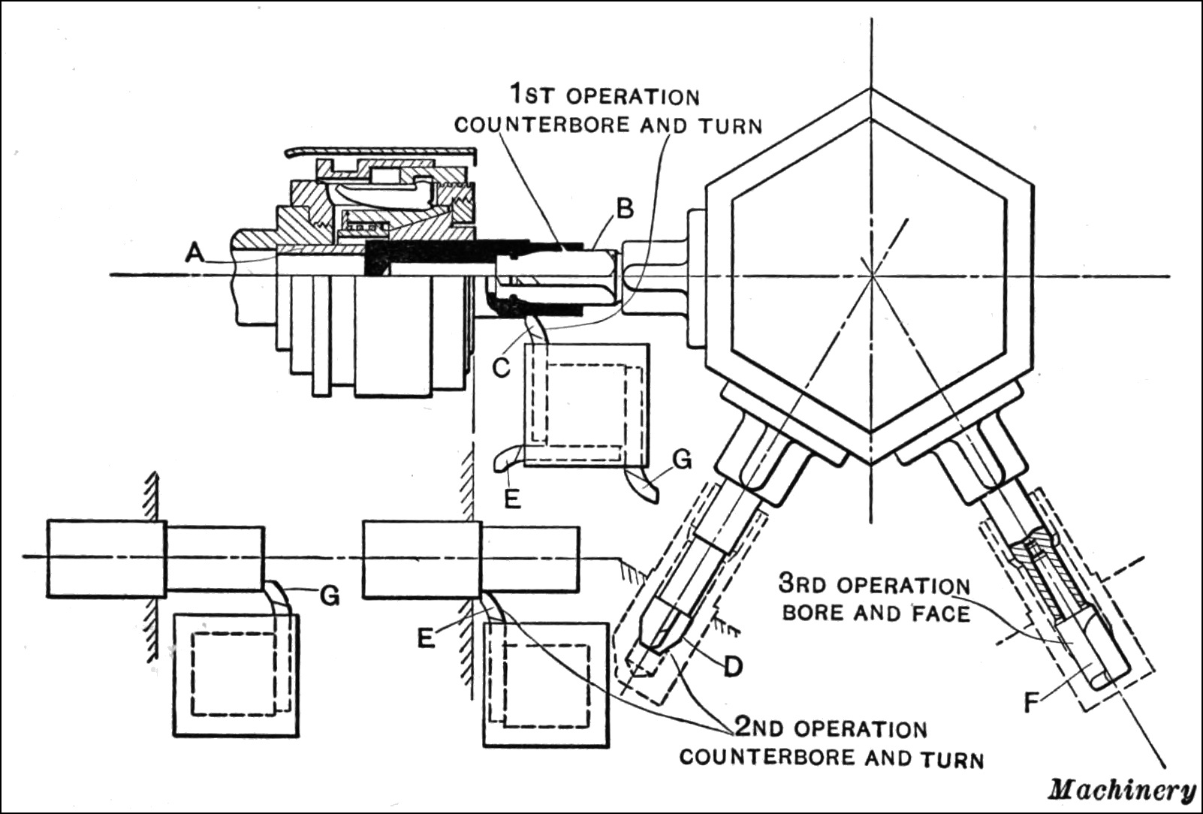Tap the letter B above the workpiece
[x=623, y=210]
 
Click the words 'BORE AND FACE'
[x=876, y=613]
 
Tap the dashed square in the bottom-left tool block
[x=235, y=674]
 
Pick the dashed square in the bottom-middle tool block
[x=545, y=685]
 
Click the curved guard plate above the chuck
[x=379, y=152]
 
